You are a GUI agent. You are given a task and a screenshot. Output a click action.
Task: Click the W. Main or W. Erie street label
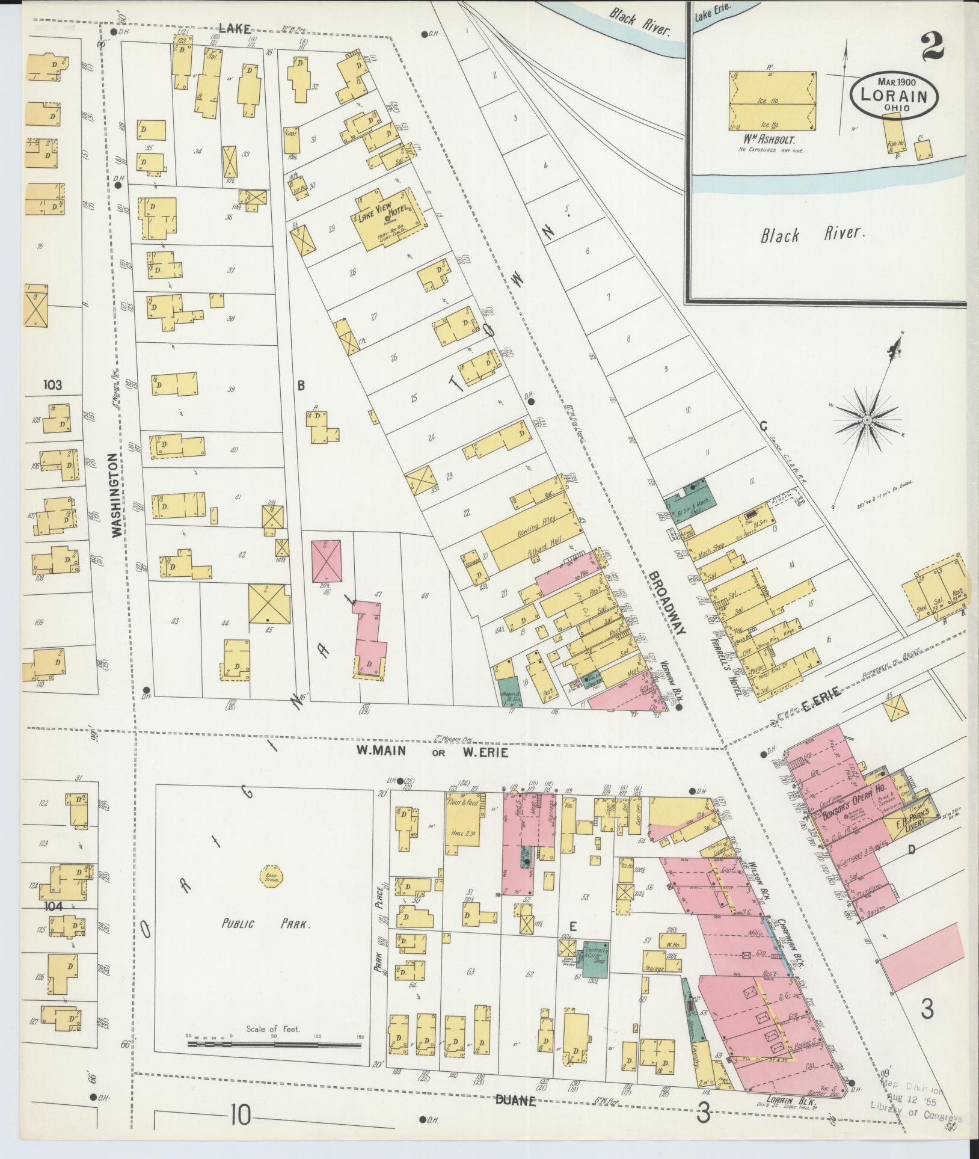(432, 752)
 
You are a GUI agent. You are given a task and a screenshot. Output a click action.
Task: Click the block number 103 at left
(52, 384)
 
